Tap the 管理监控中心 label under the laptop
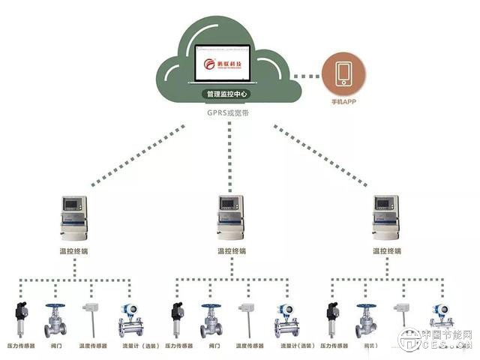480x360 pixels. [228, 94]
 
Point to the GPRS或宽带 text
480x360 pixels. [229, 112]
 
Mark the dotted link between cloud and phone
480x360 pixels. [307, 75]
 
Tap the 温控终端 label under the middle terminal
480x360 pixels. [231, 250]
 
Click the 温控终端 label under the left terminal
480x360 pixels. [73, 250]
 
